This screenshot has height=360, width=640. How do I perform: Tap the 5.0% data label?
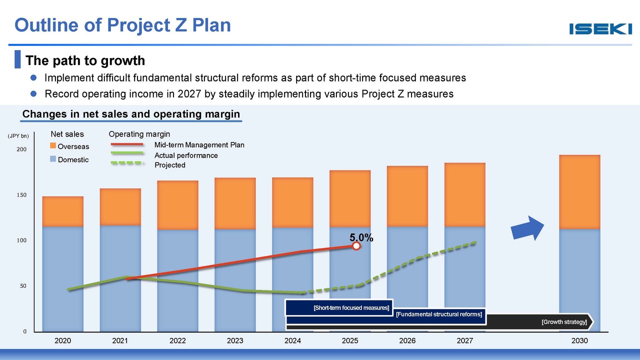pos(361,238)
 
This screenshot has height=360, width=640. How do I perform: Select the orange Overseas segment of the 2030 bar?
pos(579,192)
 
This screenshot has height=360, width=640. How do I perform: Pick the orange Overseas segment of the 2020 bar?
pos(62,211)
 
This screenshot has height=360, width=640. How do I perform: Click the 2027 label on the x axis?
pos(465,341)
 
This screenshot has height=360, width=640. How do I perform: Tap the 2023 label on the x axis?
pos(235,341)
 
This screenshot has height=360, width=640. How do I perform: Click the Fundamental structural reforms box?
pos(438,314)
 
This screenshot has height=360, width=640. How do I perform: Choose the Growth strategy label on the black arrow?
pos(564,321)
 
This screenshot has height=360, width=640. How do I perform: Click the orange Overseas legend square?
pos(53,146)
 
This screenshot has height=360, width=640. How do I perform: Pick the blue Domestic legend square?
pos(53,159)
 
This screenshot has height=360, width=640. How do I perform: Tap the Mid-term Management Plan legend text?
pos(199,145)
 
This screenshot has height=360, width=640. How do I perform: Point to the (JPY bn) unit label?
pos(18,135)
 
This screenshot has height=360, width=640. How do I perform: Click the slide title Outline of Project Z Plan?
pos(123,24)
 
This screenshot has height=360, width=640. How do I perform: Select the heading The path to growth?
pos(85,60)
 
